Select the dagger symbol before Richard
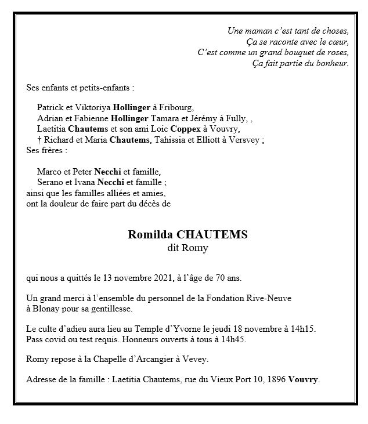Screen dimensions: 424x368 39,139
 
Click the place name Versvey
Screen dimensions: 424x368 246,139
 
